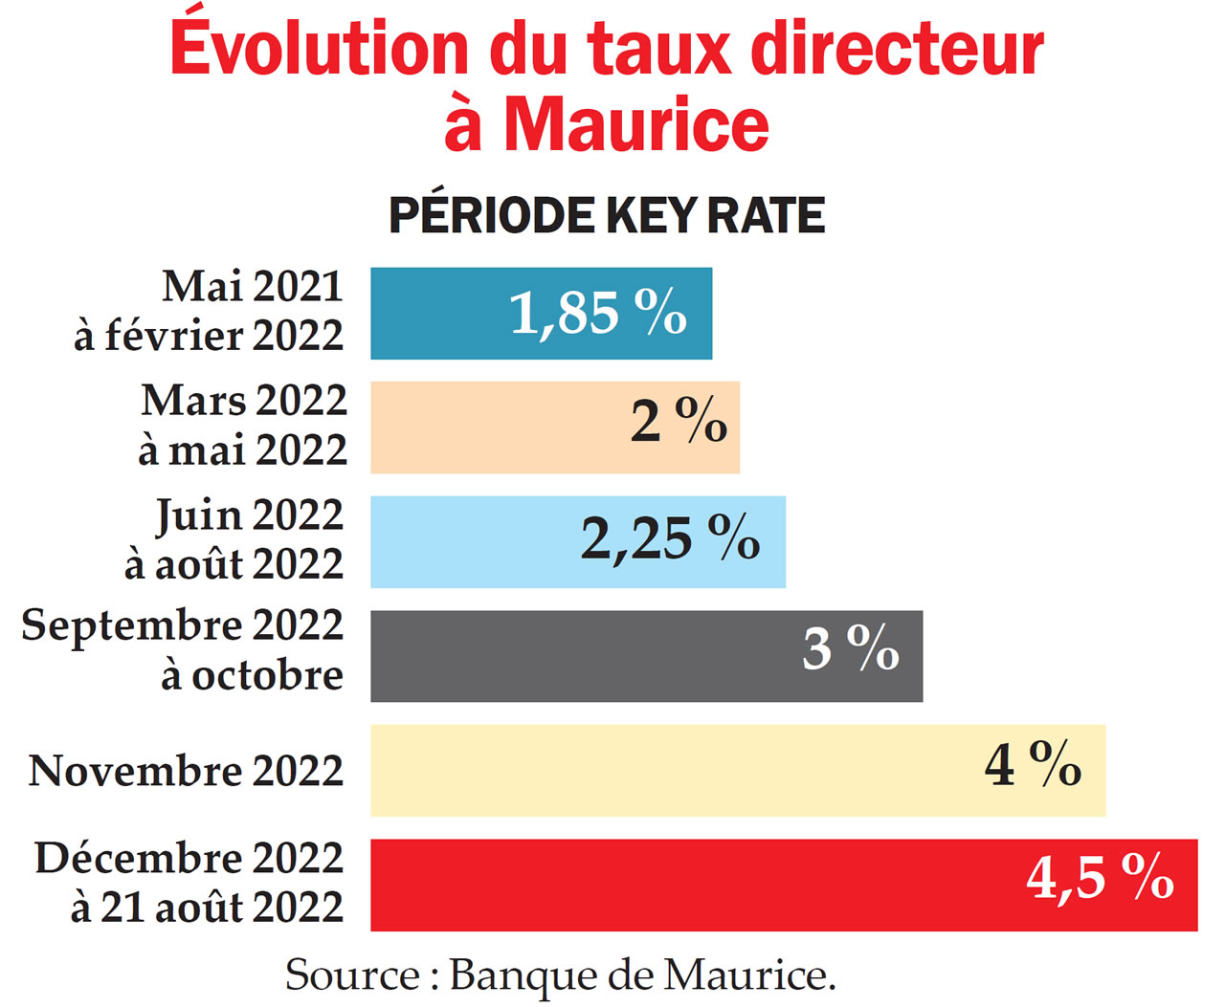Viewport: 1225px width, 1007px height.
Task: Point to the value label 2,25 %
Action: [x=670, y=538]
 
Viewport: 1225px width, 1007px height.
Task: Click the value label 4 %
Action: [x=1033, y=765]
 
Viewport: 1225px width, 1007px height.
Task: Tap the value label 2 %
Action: [x=679, y=422]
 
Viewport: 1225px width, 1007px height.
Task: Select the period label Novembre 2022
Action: [x=186, y=771]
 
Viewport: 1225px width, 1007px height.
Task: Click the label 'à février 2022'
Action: [x=209, y=336]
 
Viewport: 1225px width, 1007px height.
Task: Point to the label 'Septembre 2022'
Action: [x=182, y=626]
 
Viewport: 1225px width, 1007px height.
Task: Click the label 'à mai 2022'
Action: [x=242, y=449]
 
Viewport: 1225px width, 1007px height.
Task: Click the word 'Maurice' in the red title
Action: [x=636, y=125]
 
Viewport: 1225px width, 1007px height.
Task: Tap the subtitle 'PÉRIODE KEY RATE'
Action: [x=606, y=215]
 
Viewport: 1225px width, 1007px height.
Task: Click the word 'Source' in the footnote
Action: [x=351, y=975]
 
